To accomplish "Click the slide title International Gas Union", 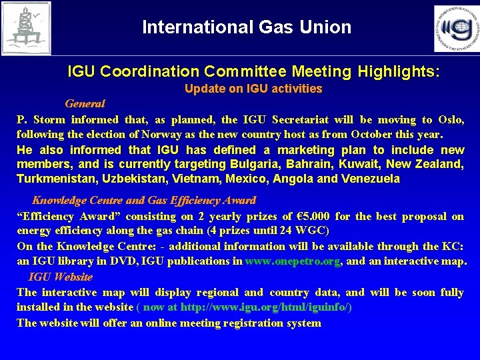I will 246,27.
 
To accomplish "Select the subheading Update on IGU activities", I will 253,89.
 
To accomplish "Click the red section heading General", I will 85,103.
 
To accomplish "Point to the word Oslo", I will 451,120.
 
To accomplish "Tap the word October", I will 362,133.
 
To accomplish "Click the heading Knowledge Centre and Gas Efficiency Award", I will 144,200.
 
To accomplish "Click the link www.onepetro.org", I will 293,261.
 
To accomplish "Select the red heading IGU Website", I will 61,277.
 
